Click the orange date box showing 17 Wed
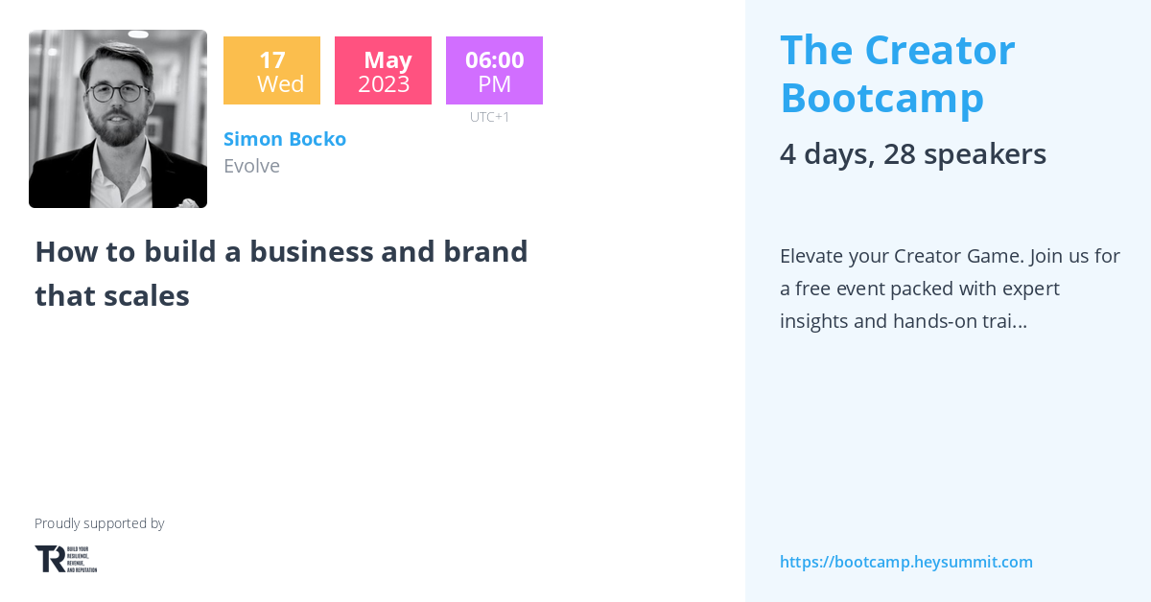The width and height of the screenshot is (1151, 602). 271,71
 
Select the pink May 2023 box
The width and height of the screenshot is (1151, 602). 383,71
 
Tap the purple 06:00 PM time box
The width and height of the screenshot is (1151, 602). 494,71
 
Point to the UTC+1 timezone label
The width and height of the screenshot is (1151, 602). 490,117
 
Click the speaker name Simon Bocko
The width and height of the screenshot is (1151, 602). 285,139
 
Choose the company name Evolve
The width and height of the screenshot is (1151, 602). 251,166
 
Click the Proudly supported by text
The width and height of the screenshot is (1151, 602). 100,523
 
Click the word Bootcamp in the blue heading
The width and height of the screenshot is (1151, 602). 882,98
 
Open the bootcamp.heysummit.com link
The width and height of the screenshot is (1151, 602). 906,562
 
